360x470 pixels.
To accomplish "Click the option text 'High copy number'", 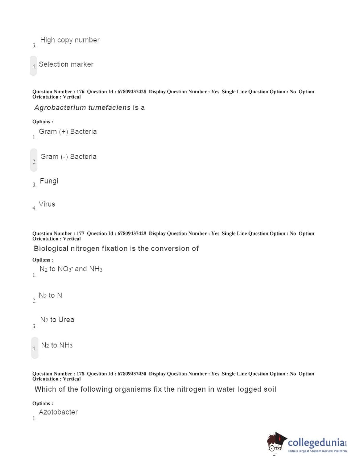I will point(70,40).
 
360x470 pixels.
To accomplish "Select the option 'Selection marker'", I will point(66,65).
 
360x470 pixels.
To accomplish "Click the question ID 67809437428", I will point(132,92).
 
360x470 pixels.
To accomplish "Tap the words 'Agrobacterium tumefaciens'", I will point(82,108).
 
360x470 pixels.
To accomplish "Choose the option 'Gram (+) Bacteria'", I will point(68,132).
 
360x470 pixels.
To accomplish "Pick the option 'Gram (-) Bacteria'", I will point(68,157).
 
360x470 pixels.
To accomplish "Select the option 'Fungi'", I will point(49,181).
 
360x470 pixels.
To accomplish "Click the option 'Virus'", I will point(47,204).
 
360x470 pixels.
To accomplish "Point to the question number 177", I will point(80,234).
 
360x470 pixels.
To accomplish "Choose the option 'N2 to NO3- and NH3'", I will point(71,269).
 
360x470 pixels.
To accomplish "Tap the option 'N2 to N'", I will point(50,296).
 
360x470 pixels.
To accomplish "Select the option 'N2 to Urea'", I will point(57,320).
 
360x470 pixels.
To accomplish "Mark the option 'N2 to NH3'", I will point(57,345).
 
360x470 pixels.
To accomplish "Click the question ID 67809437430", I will point(132,374).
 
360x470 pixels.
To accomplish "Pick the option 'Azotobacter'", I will point(58,412).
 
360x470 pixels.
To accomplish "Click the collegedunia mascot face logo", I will point(277,442).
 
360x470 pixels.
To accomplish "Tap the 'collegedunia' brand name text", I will point(316,442).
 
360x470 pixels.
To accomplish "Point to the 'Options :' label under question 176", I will point(42,122).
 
